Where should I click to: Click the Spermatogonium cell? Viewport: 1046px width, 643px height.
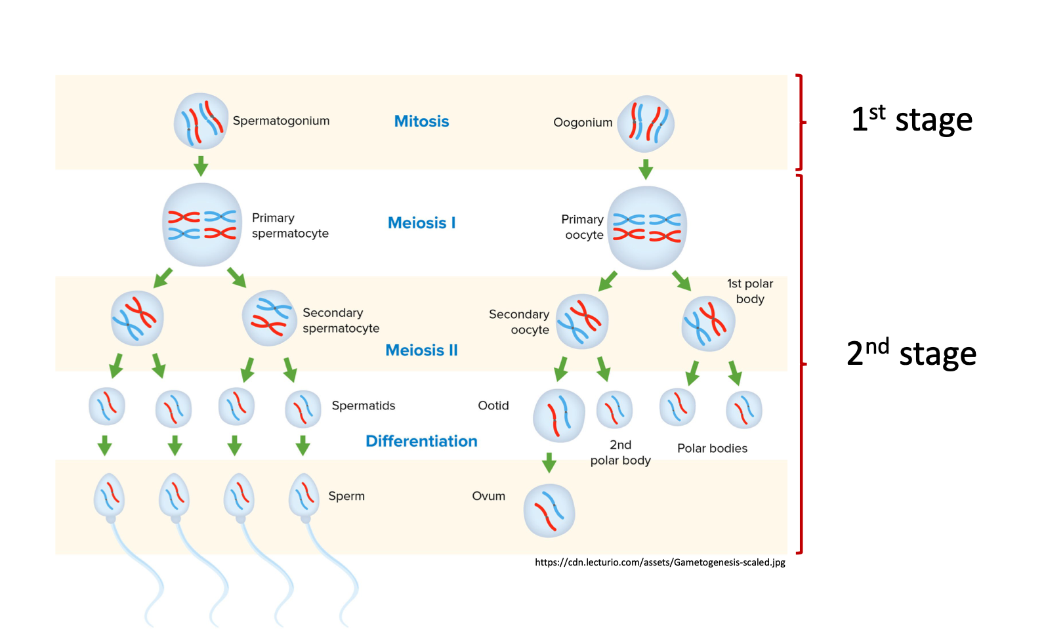tap(201, 121)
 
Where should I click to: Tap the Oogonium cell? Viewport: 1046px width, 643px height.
tap(646, 124)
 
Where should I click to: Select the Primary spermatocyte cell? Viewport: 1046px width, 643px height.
tap(202, 225)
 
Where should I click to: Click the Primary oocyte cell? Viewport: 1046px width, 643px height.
tap(647, 228)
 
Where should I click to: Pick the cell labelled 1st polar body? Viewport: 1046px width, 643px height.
tap(708, 323)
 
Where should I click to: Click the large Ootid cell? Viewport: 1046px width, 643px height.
tap(558, 415)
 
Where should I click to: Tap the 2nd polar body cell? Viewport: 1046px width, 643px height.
tap(614, 410)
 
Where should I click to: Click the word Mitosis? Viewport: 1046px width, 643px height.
tap(421, 121)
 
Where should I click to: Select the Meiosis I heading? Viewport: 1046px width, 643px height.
tap(421, 223)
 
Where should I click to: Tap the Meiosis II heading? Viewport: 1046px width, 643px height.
tap(421, 350)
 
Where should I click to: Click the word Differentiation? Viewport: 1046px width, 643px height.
tap(421, 442)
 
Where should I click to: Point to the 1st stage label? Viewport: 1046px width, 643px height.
tap(911, 119)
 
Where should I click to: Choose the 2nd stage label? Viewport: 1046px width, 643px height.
tap(911, 354)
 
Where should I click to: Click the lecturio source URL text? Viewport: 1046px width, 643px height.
tap(659, 562)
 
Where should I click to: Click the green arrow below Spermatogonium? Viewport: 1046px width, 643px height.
tap(201, 165)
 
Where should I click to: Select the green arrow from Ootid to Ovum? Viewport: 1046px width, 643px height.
tap(549, 462)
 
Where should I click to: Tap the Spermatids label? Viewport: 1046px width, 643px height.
tap(364, 405)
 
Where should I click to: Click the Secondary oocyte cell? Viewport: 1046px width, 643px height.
tap(582, 321)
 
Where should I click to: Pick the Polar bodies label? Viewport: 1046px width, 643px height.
tap(712, 448)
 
